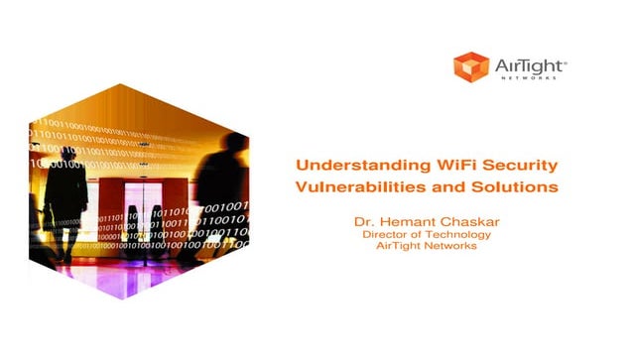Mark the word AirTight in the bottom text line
400,246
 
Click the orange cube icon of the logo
471,66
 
